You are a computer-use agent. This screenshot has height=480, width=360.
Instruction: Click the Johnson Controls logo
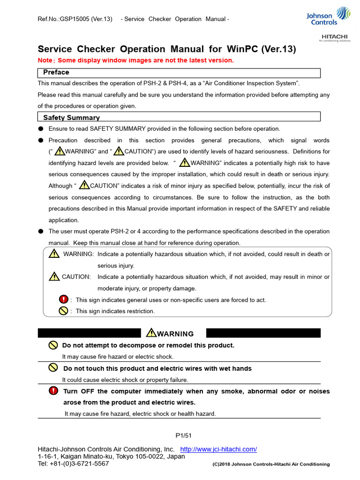327,16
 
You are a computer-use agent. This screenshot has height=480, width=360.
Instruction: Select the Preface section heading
56,72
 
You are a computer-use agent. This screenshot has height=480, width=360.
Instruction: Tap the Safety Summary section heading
71,118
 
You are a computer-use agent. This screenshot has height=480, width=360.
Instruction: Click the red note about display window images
135,60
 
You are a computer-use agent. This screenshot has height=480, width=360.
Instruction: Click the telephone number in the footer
73,464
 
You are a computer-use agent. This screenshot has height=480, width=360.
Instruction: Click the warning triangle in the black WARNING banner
151,333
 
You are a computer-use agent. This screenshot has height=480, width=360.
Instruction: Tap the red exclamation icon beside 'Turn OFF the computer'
53,391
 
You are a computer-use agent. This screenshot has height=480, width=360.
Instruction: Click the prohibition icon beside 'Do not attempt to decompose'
53,345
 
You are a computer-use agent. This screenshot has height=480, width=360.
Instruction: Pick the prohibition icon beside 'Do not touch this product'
53,368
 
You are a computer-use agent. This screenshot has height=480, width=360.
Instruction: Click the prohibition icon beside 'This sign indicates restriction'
63,310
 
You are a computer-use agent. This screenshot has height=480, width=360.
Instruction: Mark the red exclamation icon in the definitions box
63,300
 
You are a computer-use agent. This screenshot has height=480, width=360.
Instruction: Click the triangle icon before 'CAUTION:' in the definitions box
54,276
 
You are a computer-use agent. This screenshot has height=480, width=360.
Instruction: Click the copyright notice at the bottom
271,464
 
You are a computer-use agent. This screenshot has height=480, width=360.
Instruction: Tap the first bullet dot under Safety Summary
41,129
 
